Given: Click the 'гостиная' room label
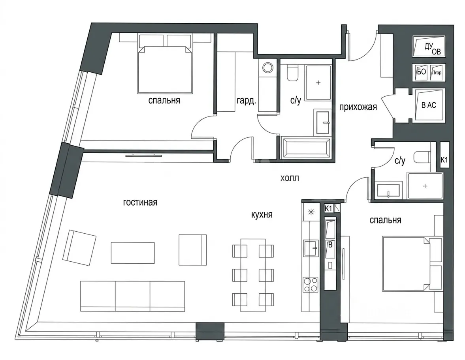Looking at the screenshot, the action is [x=140, y=202].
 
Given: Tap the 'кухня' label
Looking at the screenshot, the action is [x=262, y=214].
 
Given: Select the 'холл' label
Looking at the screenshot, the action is [x=290, y=178].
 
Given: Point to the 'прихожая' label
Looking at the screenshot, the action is [x=358, y=107].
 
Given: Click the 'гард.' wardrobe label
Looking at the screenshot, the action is [x=246, y=101].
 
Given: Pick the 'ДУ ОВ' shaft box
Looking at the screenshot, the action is [x=429, y=46].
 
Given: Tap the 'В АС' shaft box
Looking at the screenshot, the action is [x=429, y=105].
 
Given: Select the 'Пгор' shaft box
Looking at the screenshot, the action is [x=437, y=72].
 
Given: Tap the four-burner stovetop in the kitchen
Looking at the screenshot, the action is [x=310, y=285].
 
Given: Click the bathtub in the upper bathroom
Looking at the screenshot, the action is [x=305, y=148].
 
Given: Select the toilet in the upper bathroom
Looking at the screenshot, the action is [x=292, y=73].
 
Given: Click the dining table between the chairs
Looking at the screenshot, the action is [x=253, y=275].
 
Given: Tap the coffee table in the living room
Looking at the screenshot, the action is [x=133, y=253].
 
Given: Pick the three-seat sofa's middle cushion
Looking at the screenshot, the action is [x=132, y=296].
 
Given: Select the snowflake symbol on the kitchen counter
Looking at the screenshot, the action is [x=311, y=212].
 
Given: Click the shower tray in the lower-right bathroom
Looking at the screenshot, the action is [x=425, y=186].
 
